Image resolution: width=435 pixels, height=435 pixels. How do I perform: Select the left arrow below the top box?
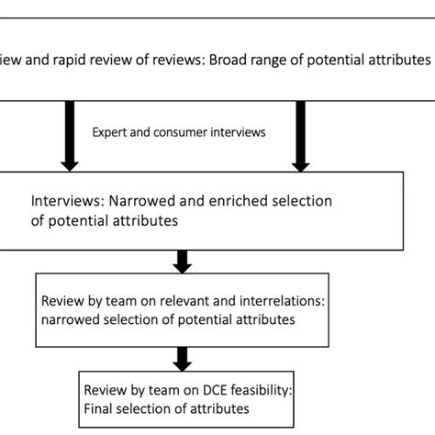pos(69,133)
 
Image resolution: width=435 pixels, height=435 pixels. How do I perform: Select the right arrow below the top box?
pos(299,133)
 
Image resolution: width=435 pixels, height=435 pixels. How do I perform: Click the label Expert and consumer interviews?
pos(178,132)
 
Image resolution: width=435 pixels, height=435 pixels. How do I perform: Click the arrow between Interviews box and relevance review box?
pos(182,260)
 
